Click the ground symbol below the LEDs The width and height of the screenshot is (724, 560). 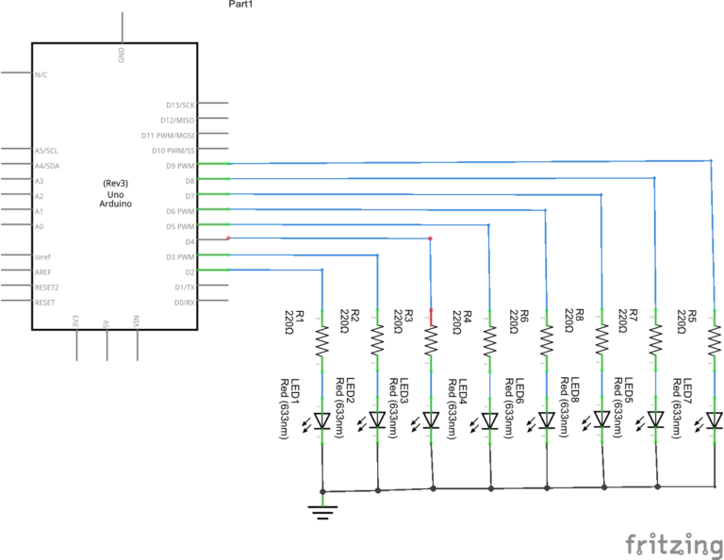(323, 511)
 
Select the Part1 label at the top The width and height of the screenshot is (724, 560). (241, 5)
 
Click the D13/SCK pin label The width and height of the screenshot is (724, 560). (180, 105)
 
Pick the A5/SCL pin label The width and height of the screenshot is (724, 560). (46, 151)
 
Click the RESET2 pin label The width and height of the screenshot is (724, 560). (47, 287)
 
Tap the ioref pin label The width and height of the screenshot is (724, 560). (41, 256)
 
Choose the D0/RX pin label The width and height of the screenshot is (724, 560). (186, 302)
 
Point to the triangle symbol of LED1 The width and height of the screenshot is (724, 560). (322, 420)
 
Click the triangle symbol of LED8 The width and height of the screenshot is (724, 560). (545, 420)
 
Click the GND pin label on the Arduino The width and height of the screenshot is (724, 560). (122, 54)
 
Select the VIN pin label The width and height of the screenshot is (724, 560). (137, 321)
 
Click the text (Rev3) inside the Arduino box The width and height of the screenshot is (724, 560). (115, 182)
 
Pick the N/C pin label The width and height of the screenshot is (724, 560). (41, 74)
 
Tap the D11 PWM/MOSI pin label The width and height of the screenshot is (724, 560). (173, 135)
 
